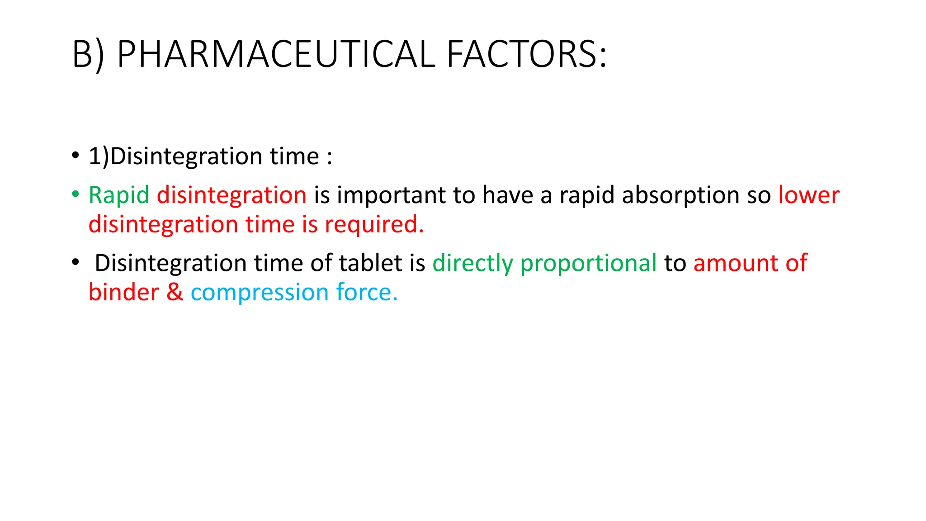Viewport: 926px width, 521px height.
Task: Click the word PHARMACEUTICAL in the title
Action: [276, 54]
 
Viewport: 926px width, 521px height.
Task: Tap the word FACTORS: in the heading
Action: [527, 54]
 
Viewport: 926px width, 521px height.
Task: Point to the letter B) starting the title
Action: [88, 54]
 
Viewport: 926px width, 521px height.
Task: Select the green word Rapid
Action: [119, 195]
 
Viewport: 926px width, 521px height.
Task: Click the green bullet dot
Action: [76, 194]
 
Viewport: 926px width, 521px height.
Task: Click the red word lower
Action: [808, 195]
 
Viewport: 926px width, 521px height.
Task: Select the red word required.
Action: [374, 225]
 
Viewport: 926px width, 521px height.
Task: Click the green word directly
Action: [472, 263]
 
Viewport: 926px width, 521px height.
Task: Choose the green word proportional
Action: [588, 263]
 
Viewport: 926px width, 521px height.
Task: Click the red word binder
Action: [123, 293]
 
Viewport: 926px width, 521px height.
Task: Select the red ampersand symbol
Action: [175, 293]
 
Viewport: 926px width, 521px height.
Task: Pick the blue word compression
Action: [260, 293]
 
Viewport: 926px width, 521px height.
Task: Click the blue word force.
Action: [367, 293]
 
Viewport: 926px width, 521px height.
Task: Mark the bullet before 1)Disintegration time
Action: [76, 156]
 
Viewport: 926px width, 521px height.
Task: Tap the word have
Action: [508, 195]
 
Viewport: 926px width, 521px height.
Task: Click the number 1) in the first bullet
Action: [99, 156]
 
